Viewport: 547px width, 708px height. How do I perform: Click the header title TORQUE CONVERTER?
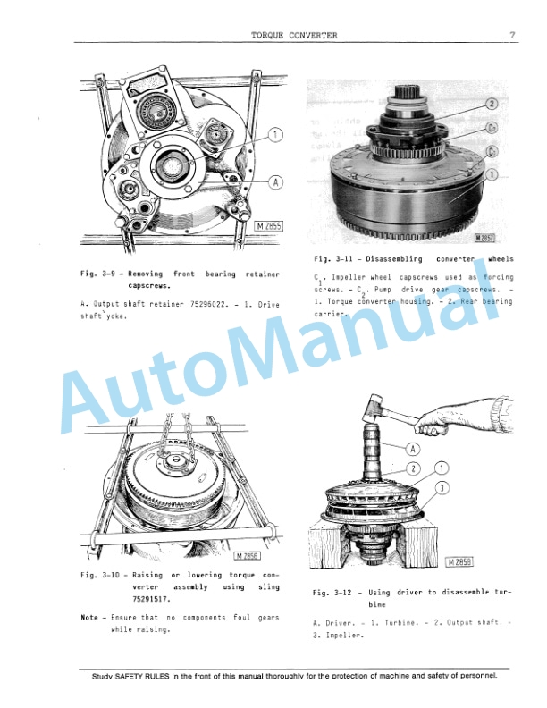pos(294,36)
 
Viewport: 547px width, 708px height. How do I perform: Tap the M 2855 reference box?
pos(267,226)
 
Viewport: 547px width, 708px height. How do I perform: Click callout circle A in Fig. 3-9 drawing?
pos(276,182)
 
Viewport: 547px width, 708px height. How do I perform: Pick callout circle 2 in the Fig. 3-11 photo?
pos(492,105)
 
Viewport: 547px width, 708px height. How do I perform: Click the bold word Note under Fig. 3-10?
pos(89,618)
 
